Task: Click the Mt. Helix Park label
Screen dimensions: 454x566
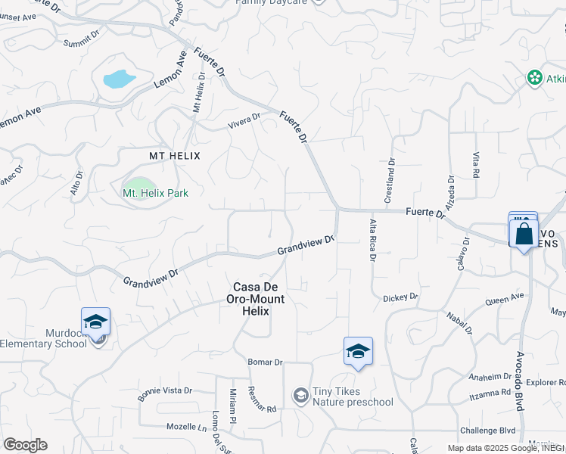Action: point(155,193)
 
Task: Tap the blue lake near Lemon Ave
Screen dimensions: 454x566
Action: point(119,79)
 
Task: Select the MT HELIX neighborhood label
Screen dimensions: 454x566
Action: point(175,155)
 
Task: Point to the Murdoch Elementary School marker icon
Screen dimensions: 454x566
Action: point(96,323)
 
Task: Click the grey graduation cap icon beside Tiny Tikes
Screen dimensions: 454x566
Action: point(301,395)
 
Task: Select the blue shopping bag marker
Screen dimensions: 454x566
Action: point(524,233)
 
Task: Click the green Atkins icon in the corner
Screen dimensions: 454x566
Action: point(535,78)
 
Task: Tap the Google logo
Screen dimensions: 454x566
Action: point(25,445)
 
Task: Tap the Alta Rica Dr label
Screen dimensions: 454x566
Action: point(372,240)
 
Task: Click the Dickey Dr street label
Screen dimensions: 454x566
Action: point(400,298)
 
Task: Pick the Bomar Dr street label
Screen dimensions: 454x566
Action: point(265,362)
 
